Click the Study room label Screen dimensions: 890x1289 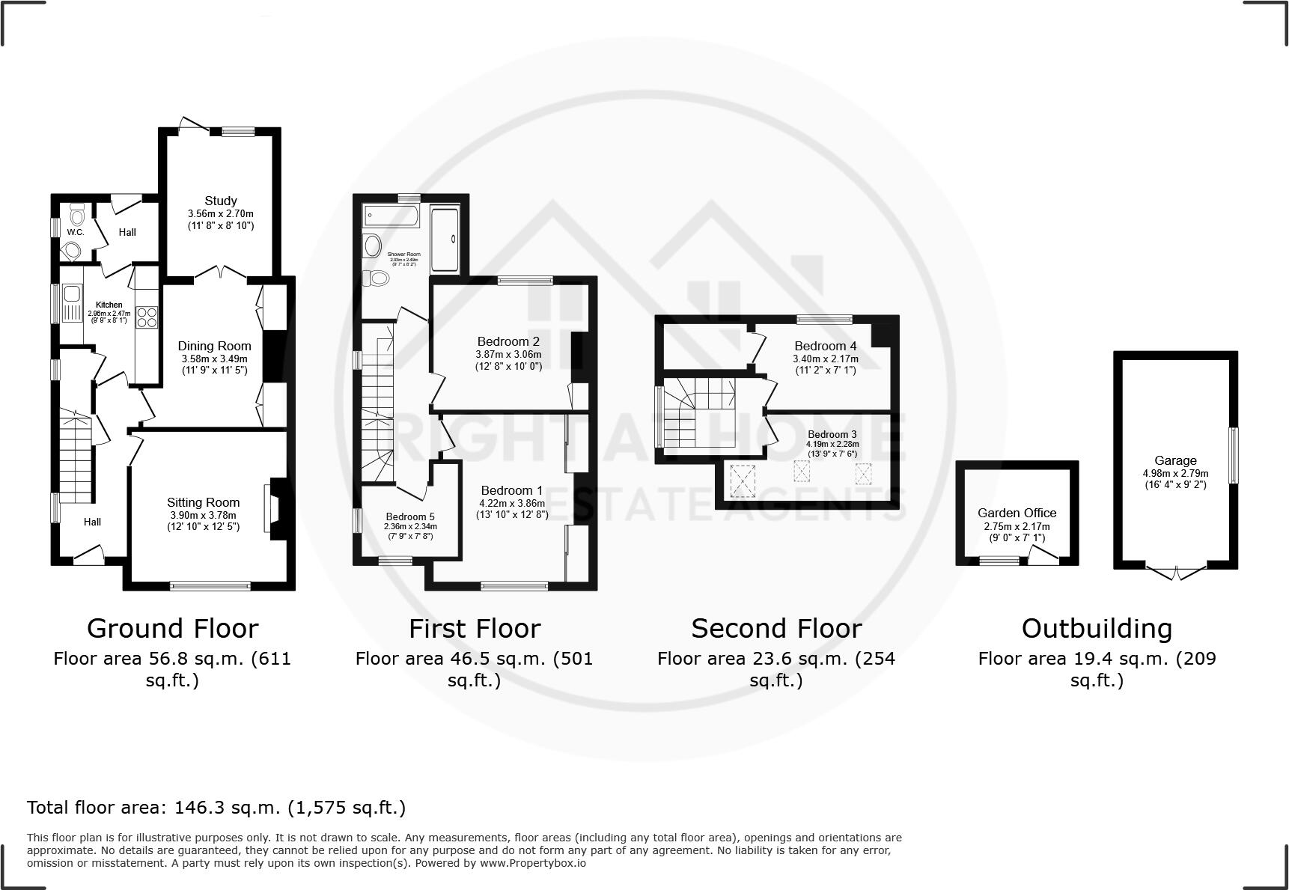(x=221, y=201)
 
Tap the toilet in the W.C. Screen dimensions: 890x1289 (x=76, y=216)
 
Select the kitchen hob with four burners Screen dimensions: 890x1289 (x=147, y=318)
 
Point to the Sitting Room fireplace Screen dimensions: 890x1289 (x=273, y=509)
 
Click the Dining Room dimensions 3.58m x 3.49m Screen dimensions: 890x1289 (x=214, y=359)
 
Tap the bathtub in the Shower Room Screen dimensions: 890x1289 (x=391, y=216)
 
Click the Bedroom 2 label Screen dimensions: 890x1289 (x=508, y=342)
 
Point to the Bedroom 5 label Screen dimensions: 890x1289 (x=409, y=516)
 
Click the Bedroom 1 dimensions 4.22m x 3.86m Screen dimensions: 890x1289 (x=512, y=504)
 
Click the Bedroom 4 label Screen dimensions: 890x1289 (x=825, y=346)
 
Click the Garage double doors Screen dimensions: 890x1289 (x=1175, y=573)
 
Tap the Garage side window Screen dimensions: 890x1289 (x=1234, y=455)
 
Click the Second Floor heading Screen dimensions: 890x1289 (x=776, y=629)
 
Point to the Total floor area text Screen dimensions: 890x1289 (x=216, y=808)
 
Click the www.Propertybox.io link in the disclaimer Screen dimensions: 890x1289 (x=532, y=863)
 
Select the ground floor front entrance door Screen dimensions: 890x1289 (x=88, y=555)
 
